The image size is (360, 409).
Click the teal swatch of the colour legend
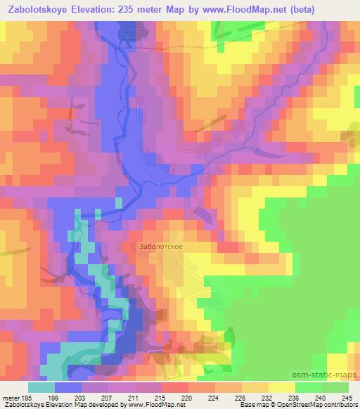[41, 387]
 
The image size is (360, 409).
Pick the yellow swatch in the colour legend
[282, 387]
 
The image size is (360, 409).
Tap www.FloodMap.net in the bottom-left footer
[147, 405]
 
